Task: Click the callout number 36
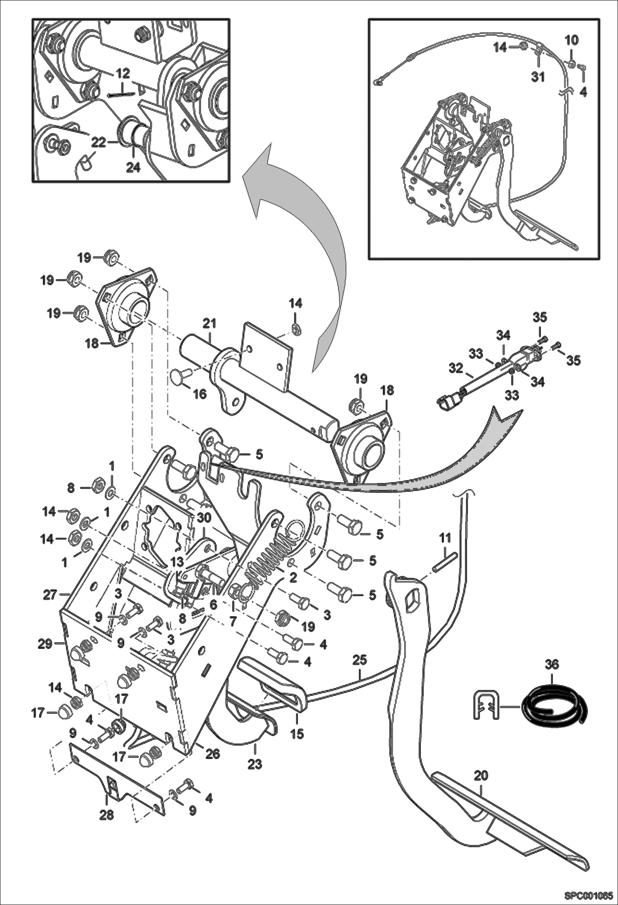(552, 665)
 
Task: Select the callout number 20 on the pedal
(481, 776)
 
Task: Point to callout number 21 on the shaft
(210, 324)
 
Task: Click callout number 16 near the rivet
(200, 394)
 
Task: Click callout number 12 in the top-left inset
(123, 73)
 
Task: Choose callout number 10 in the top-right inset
(572, 40)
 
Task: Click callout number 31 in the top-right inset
(538, 77)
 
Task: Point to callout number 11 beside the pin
(445, 538)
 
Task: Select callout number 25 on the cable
(359, 660)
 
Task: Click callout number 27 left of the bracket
(50, 595)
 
